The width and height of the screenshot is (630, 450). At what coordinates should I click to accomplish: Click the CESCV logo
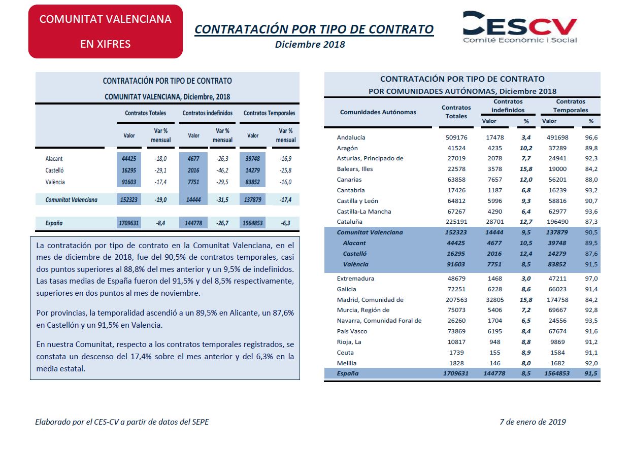[x=520, y=27]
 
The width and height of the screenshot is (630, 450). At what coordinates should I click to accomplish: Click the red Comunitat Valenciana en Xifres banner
[x=106, y=31]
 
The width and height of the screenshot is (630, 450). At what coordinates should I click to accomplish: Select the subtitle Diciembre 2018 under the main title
[x=310, y=45]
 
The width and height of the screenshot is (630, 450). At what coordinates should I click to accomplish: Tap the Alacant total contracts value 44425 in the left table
[x=129, y=158]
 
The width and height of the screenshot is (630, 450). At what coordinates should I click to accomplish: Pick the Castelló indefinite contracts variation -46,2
[x=222, y=170]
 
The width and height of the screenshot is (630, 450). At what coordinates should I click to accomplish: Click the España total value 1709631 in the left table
[x=128, y=223]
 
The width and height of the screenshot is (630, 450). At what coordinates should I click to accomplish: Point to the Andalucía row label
[x=351, y=137]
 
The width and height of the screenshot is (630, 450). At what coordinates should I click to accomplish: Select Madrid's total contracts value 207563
[x=456, y=300]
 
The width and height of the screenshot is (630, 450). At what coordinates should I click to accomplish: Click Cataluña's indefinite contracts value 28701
[x=495, y=222]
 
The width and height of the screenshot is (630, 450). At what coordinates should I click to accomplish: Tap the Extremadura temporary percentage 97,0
[x=591, y=279]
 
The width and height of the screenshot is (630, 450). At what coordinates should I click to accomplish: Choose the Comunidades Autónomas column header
[x=378, y=112]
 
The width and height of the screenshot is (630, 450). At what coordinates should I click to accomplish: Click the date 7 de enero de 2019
[x=533, y=422]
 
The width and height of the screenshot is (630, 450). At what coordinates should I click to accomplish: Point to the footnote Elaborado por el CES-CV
[x=122, y=422]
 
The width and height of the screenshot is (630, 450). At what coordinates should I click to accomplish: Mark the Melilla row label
[x=347, y=363]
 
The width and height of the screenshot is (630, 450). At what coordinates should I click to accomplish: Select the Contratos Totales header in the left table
[x=145, y=113]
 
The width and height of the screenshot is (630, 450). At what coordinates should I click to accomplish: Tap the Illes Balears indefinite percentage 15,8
[x=526, y=169]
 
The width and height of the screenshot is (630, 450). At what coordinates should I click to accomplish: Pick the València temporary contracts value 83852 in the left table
[x=252, y=182]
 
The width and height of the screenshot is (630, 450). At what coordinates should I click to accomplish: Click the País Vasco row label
[x=352, y=331]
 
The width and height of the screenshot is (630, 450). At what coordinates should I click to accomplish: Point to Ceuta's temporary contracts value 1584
[x=557, y=353]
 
